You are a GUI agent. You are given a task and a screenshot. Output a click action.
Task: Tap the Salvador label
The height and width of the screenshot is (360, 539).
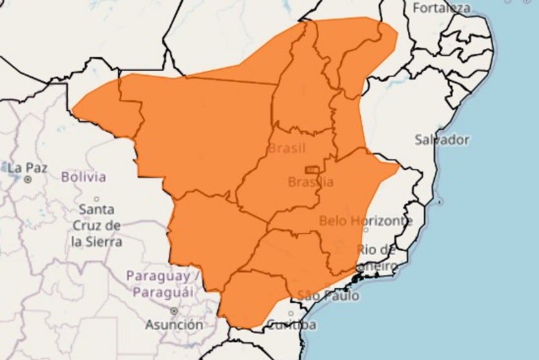pyautogui.click(x=442, y=139)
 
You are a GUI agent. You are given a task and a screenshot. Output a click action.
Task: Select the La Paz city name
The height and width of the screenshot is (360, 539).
pyautogui.click(x=27, y=168)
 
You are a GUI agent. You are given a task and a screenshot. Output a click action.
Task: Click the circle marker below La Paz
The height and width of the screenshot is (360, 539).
pyautogui.click(x=28, y=180)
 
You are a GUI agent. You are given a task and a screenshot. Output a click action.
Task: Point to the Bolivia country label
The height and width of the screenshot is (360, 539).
pyautogui.click(x=84, y=176)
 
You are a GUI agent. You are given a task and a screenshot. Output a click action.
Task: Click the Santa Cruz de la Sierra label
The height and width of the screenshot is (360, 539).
pyautogui.click(x=97, y=226)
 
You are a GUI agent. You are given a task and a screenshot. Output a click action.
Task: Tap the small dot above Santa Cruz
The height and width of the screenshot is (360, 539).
pyautogui.click(x=97, y=199)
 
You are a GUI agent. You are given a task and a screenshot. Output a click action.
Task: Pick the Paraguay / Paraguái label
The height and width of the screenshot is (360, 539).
pyautogui.click(x=159, y=284)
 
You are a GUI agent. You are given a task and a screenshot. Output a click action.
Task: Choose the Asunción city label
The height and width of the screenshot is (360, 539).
pyautogui.click(x=173, y=325)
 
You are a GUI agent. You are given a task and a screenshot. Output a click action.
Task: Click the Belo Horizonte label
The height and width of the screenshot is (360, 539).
pyautogui.click(x=365, y=221)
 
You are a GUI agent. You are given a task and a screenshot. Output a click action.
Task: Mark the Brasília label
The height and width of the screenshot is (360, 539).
pyautogui.click(x=310, y=183)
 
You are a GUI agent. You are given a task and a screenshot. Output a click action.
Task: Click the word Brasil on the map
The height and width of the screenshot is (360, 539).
pyautogui.click(x=287, y=148)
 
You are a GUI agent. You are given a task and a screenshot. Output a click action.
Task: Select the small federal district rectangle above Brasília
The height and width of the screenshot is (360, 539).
pyautogui.click(x=312, y=170)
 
